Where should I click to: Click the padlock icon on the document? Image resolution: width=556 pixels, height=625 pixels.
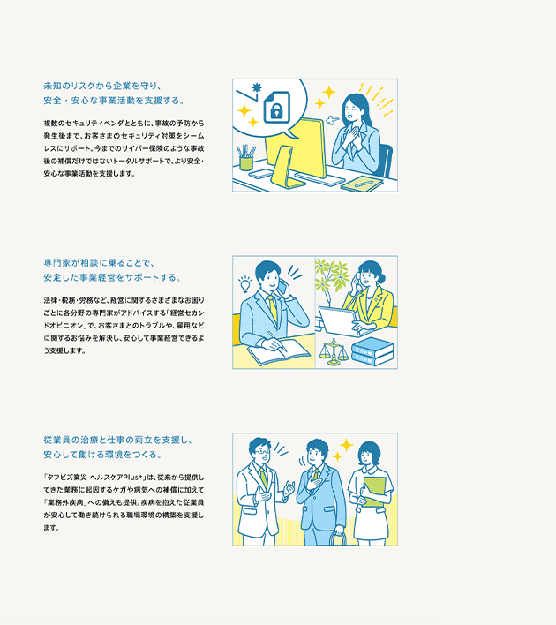click(x=276, y=110)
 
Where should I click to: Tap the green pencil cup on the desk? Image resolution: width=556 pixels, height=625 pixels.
click(x=246, y=162)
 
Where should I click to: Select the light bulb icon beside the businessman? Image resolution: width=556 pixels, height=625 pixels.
click(x=244, y=283)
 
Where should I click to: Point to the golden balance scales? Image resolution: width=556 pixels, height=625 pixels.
click(x=334, y=351)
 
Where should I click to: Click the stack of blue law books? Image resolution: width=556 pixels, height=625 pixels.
click(x=372, y=351)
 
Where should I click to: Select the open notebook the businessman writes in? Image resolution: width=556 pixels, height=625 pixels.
click(x=279, y=351)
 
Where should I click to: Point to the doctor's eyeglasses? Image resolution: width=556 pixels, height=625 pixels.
click(x=262, y=451)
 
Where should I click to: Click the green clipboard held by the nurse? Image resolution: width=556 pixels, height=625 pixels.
click(x=374, y=492)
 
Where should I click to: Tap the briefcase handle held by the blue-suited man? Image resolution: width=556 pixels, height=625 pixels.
click(x=338, y=538)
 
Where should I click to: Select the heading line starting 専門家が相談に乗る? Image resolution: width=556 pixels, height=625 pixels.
click(x=99, y=263)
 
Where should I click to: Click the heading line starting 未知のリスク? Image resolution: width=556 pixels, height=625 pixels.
click(x=102, y=87)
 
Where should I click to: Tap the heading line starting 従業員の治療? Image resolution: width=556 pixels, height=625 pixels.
click(x=118, y=440)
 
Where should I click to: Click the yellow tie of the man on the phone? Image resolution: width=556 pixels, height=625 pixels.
click(x=273, y=308)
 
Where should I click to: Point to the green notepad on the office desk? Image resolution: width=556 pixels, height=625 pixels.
click(x=362, y=184)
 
